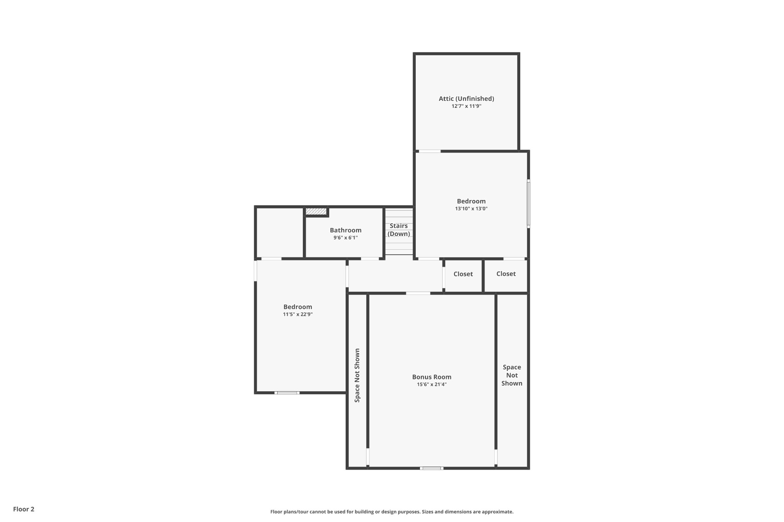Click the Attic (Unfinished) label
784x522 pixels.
click(x=466, y=99)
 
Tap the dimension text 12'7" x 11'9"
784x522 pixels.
click(x=466, y=106)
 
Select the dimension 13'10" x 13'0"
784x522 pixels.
click(x=471, y=209)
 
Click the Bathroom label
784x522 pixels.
click(x=345, y=230)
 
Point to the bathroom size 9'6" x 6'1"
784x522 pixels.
click(x=345, y=238)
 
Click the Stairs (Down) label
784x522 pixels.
click(x=399, y=230)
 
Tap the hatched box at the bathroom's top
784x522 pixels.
click(x=316, y=211)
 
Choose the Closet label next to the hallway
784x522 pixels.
click(x=463, y=274)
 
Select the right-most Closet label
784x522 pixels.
click(x=506, y=274)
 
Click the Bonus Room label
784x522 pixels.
click(x=431, y=377)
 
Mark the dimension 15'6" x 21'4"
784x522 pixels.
click(x=431, y=385)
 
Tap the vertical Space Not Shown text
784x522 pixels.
click(x=357, y=375)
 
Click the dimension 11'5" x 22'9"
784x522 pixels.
click(x=297, y=314)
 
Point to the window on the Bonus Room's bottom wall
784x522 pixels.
click(x=431, y=468)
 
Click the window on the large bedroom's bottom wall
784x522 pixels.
click(x=287, y=393)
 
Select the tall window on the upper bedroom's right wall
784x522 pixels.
click(x=528, y=204)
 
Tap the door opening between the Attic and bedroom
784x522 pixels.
click(x=430, y=151)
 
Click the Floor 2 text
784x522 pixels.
click(x=24, y=509)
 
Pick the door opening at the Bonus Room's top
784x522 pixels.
click(x=418, y=293)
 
